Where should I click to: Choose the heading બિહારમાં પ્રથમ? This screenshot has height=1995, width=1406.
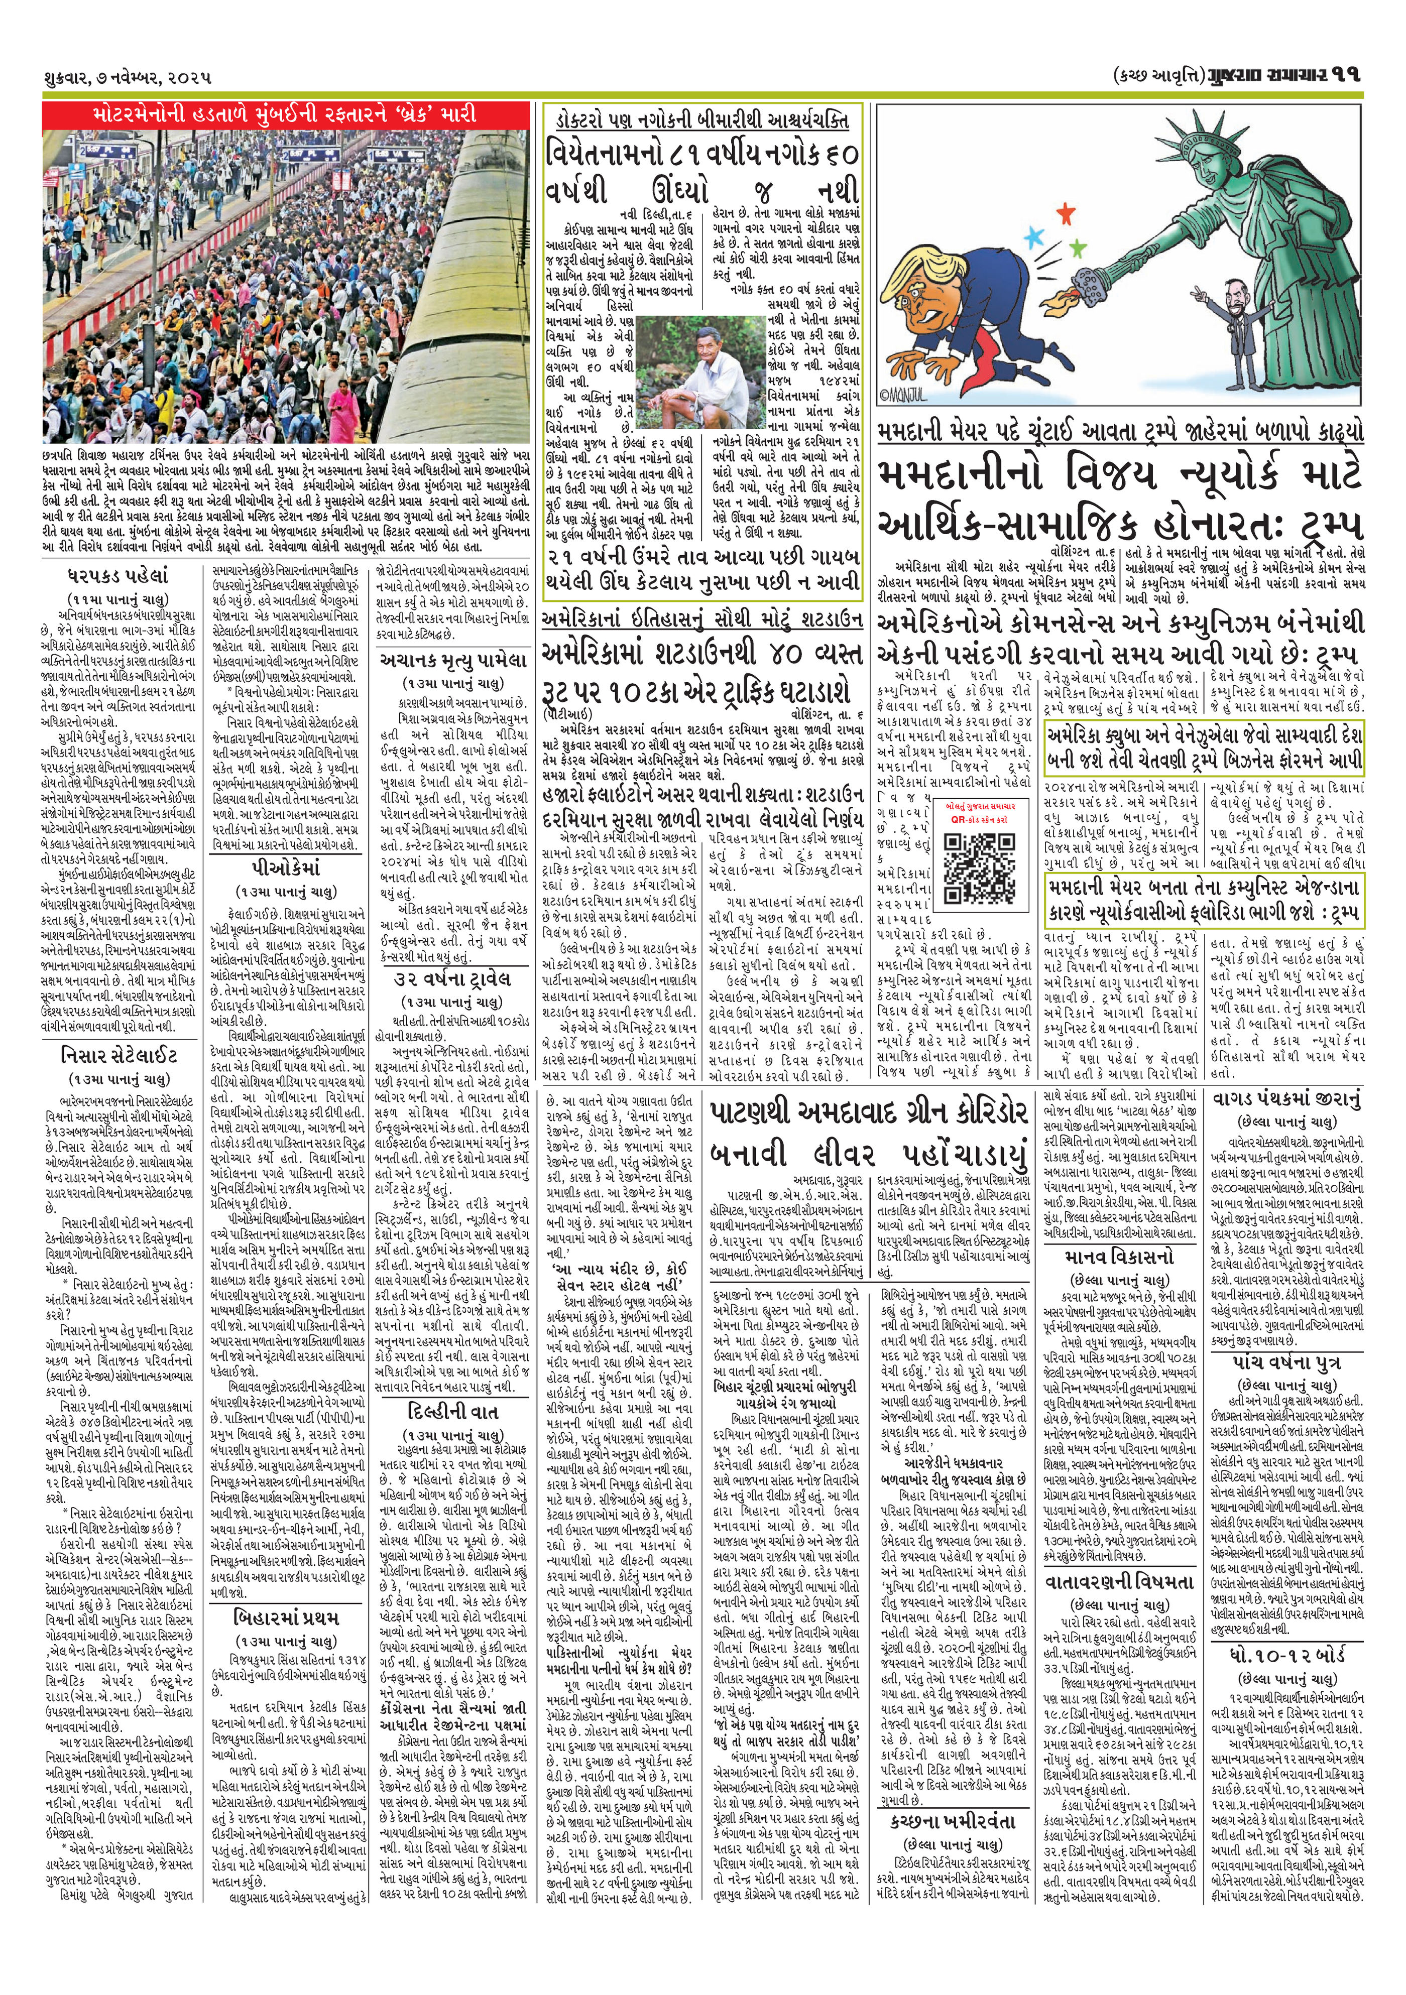point(286,1593)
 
